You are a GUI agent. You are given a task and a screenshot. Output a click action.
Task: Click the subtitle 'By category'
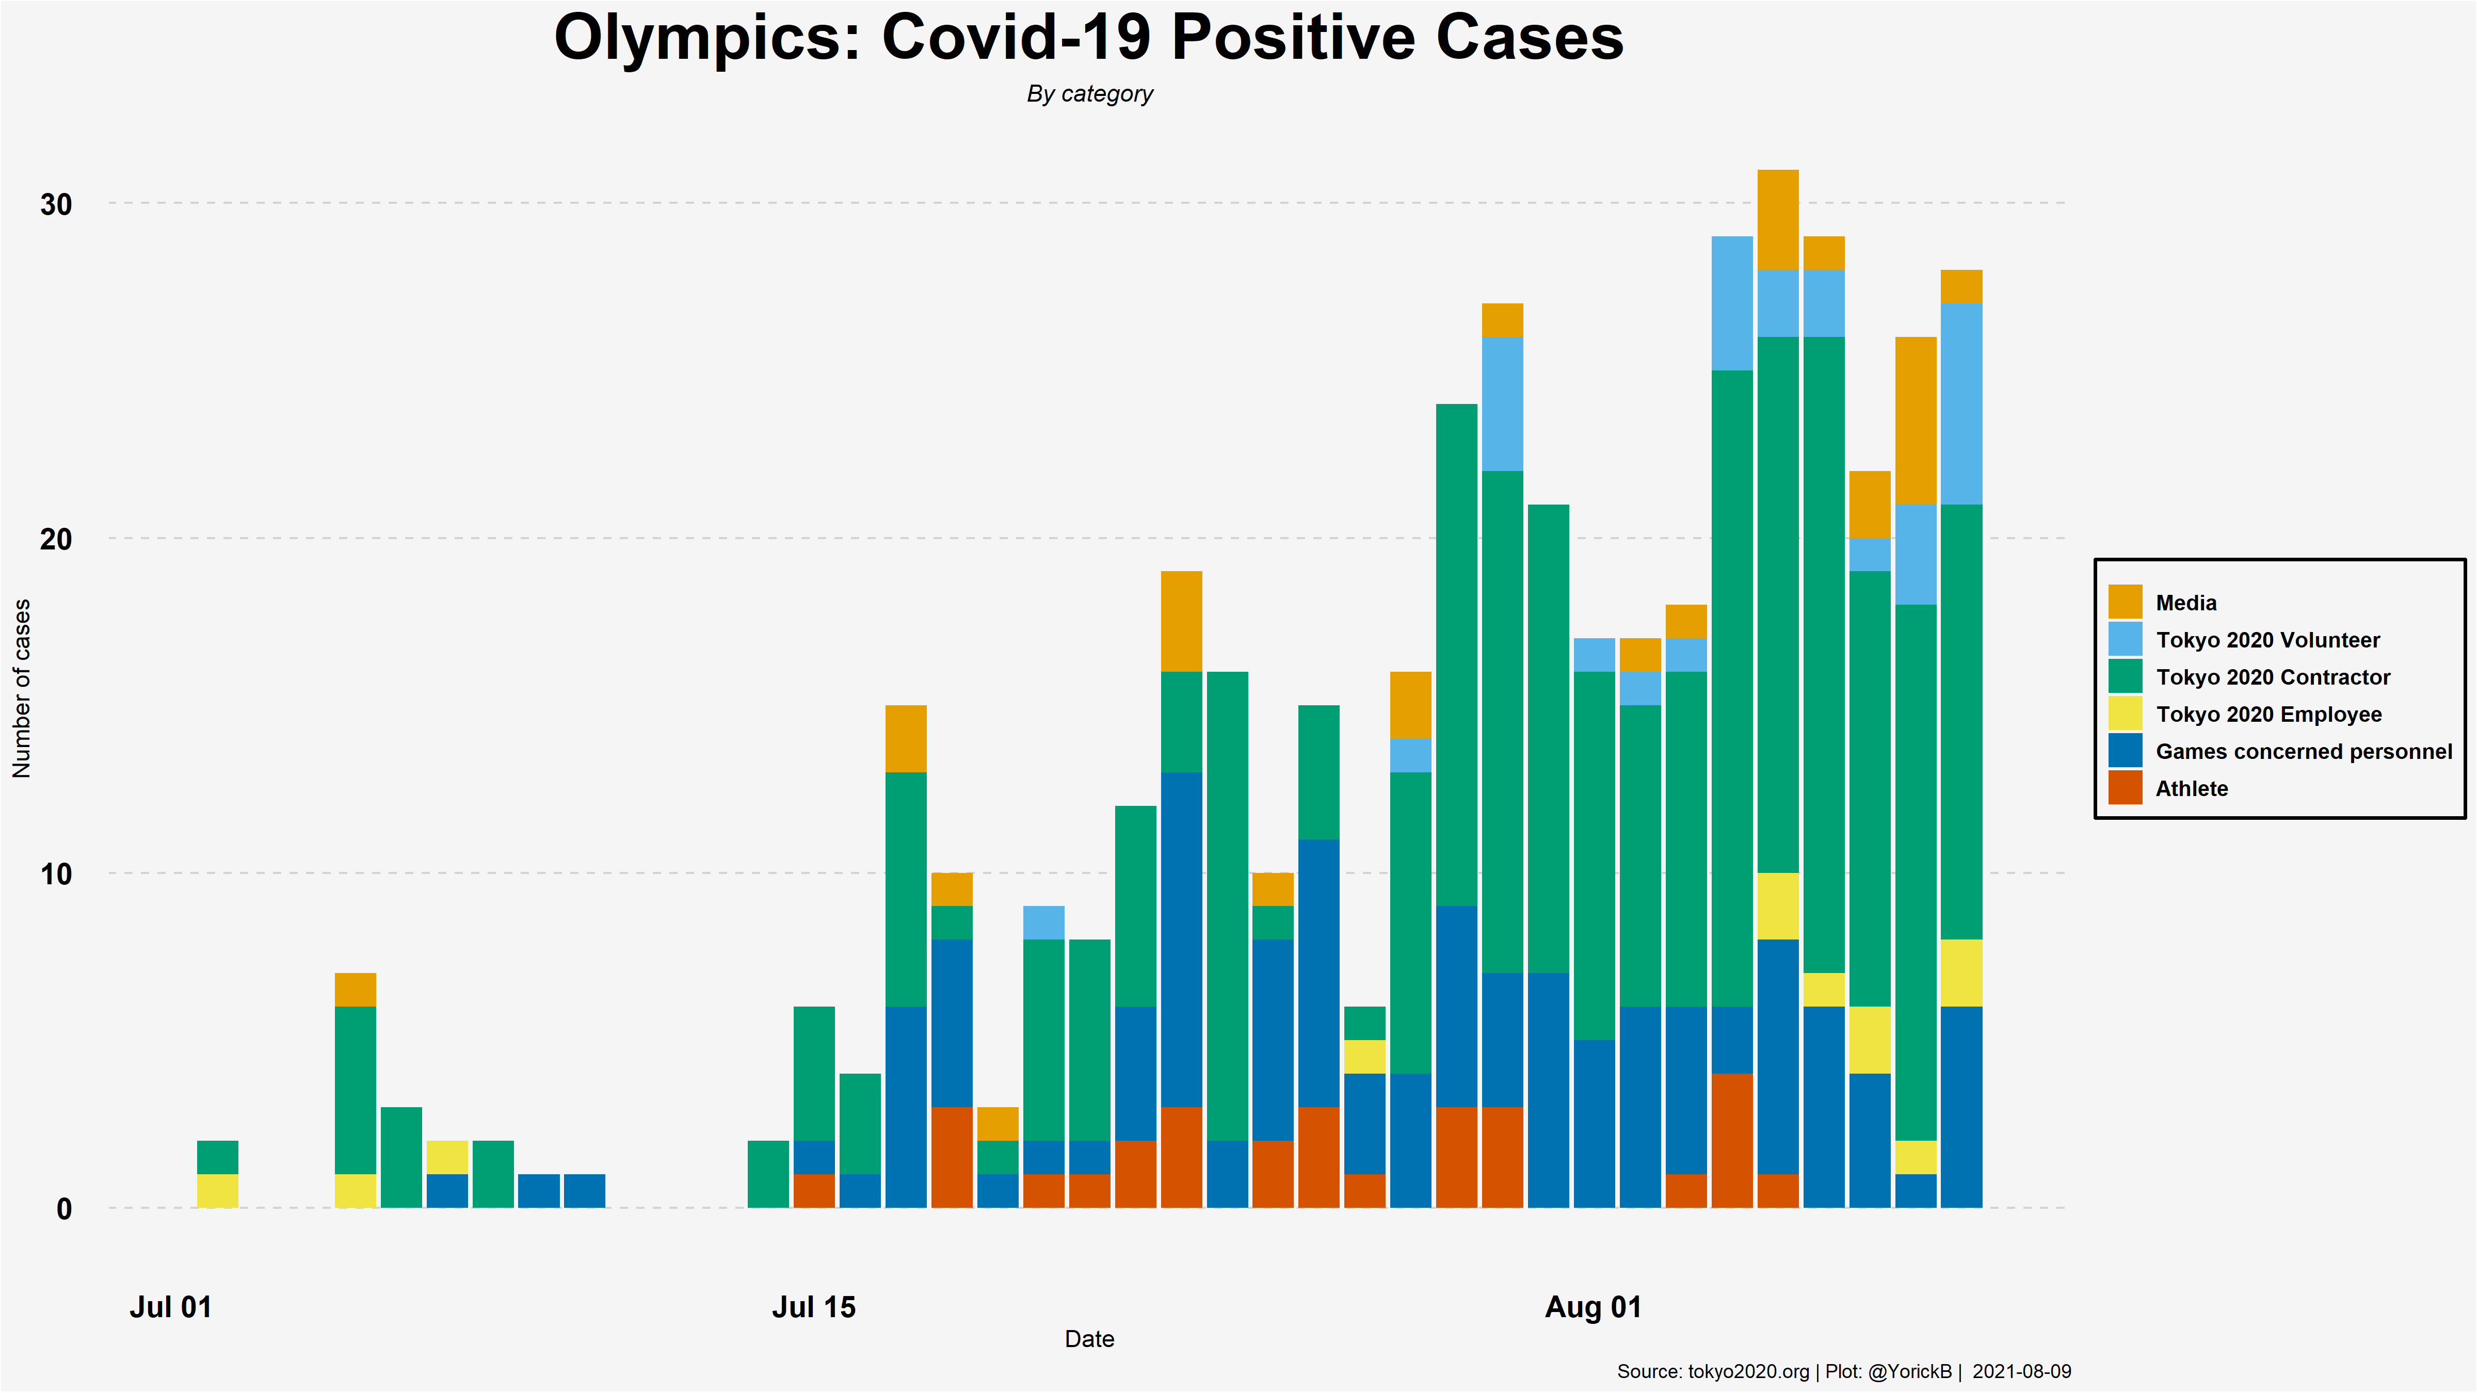1089,94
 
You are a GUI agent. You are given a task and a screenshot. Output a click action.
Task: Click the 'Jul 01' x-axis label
170,1307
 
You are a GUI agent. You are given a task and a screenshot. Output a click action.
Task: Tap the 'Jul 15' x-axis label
813,1307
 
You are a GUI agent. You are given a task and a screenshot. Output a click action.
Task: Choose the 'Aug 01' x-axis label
1593,1307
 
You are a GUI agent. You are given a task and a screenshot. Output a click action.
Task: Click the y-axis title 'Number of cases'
21,688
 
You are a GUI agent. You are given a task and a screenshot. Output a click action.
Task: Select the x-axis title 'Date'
1089,1339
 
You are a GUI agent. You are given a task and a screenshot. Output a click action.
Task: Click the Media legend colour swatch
2125,602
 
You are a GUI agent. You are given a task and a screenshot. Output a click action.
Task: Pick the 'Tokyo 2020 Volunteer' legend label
2267,640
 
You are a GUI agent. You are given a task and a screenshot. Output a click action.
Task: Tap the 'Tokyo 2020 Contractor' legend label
2272,678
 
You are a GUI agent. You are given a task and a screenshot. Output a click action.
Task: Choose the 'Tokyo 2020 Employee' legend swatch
2125,714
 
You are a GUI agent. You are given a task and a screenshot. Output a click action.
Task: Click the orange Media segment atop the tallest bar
1778,220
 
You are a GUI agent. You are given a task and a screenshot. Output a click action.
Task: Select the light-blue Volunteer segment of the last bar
1961,404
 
